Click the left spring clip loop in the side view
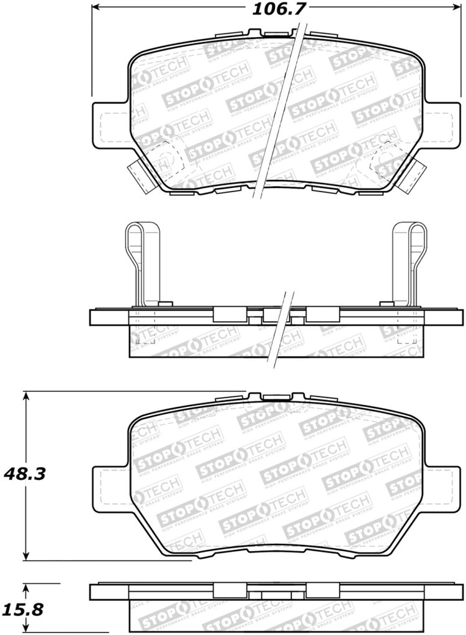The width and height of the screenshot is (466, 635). (x=143, y=260)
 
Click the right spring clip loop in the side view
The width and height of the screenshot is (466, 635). (x=410, y=260)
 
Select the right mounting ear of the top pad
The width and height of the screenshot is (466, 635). (x=442, y=124)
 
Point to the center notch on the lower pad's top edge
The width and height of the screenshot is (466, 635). (x=276, y=397)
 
